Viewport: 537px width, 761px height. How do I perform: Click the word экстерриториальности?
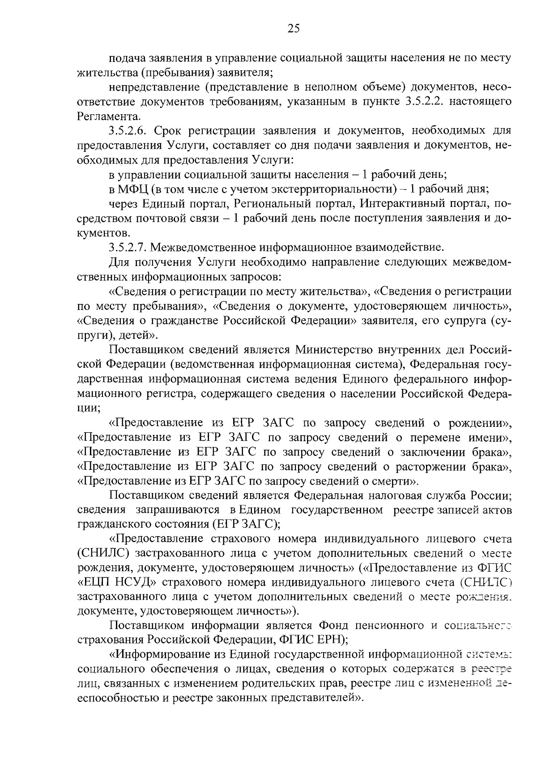333,189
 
